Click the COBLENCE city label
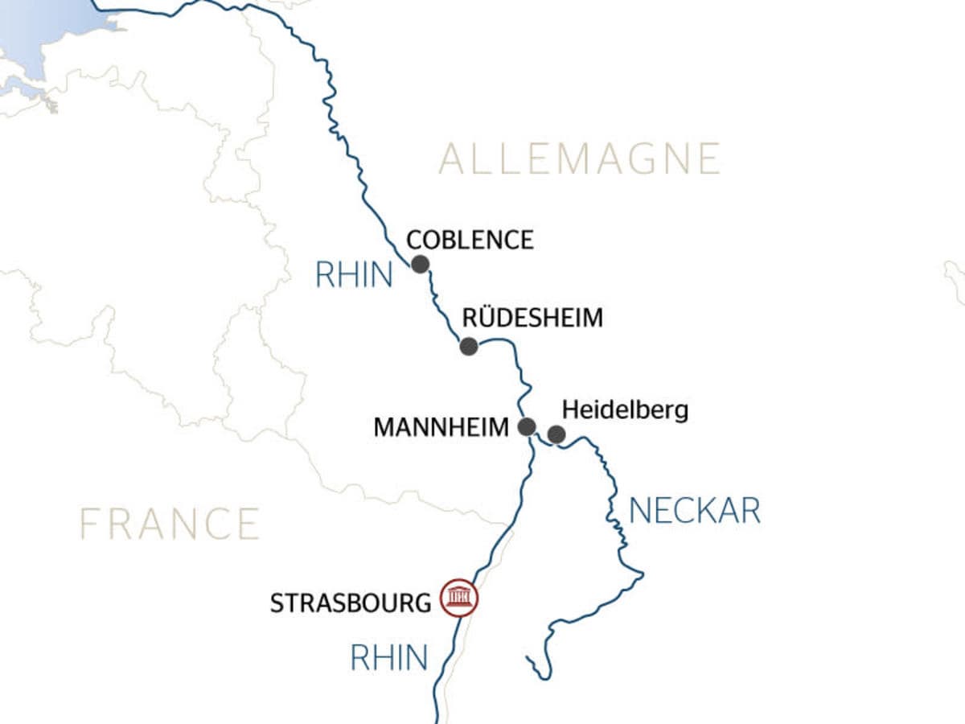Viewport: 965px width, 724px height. click(470, 240)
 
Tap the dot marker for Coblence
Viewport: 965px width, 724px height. click(420, 265)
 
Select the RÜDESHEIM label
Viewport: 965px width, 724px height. click(532, 318)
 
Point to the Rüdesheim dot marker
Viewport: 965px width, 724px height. click(469, 347)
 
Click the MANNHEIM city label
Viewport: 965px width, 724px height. click(441, 427)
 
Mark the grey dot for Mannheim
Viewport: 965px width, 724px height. click(528, 426)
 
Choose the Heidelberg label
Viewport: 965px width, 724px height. click(625, 410)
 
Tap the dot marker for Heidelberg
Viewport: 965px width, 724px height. click(556, 435)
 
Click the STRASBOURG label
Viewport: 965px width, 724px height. click(351, 603)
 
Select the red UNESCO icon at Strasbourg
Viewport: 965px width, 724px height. click(459, 599)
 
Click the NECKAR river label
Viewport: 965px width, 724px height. click(695, 511)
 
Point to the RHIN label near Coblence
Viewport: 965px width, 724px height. click(354, 276)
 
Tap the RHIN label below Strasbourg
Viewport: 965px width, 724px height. click(389, 658)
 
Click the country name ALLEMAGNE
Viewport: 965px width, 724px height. click(579, 158)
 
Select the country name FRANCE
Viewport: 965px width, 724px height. click(170, 524)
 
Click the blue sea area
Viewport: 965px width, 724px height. click(48, 32)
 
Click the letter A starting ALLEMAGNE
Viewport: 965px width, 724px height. click(452, 158)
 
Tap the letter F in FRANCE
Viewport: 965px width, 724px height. click(90, 524)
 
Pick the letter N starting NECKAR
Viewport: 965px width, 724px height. click(639, 511)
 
